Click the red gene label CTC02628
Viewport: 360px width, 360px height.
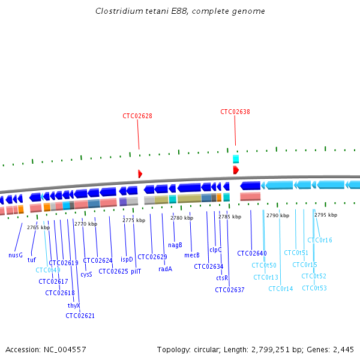(137, 116)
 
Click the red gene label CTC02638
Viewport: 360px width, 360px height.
(235, 112)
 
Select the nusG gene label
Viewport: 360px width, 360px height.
(16, 255)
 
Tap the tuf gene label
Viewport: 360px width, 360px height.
(32, 260)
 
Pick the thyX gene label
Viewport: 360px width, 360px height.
(74, 305)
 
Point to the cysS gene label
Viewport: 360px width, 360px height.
(86, 274)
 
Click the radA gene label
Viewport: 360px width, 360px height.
(166, 269)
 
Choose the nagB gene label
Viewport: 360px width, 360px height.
(175, 245)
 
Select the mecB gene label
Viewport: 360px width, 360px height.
(192, 255)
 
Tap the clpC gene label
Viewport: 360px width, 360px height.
(215, 250)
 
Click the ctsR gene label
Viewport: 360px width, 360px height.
(222, 278)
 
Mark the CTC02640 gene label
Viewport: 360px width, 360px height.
(252, 253)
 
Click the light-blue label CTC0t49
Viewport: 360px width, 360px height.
(48, 269)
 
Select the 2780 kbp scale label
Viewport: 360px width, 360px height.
(182, 218)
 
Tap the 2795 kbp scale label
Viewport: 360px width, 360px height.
(326, 215)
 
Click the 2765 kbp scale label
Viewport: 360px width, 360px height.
(38, 227)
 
